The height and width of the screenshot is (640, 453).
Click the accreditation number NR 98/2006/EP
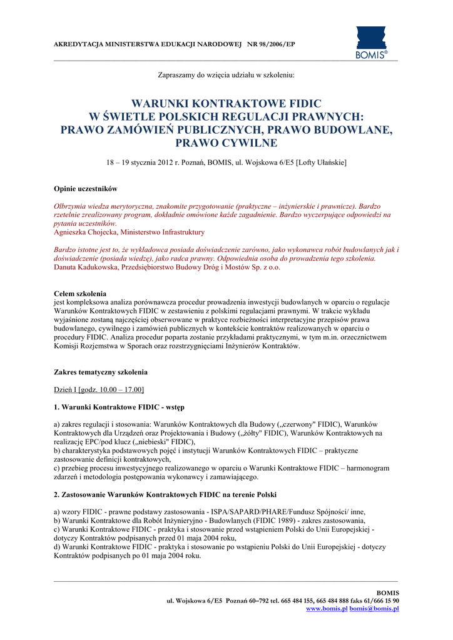click(270, 45)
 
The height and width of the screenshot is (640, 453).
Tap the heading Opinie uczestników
click(85, 189)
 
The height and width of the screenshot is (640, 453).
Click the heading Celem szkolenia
click(80, 293)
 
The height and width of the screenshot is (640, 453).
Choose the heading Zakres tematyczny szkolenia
click(101, 372)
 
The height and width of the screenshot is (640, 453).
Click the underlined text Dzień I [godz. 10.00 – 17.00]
click(99, 390)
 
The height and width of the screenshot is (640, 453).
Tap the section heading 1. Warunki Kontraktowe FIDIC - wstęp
click(119, 407)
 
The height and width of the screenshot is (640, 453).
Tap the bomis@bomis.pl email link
click(374, 609)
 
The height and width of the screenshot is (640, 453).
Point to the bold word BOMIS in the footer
click(386, 592)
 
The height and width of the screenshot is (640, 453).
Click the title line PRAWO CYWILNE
click(226, 144)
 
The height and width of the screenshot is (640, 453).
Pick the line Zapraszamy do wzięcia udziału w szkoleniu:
click(226, 75)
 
